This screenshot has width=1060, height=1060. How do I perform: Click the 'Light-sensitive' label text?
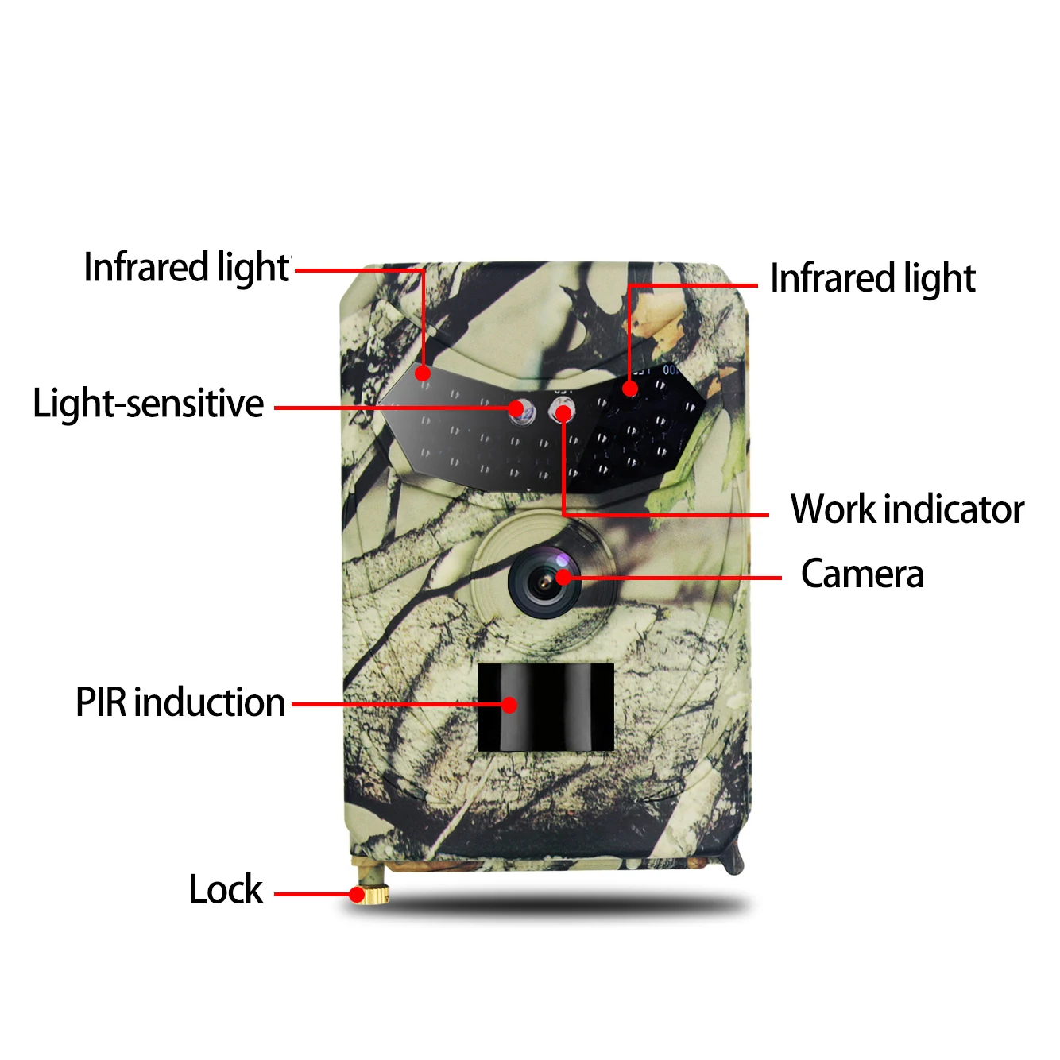point(148,404)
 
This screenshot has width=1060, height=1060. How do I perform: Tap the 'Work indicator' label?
point(907,509)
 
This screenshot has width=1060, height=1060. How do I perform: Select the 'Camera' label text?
point(862,574)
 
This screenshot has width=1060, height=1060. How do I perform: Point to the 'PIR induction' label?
point(180,702)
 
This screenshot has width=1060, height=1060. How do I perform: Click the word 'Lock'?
point(226,889)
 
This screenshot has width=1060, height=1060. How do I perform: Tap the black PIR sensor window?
point(546,706)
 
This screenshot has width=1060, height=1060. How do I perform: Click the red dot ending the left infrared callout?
point(423,373)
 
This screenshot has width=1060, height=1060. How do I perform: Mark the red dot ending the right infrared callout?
point(630,389)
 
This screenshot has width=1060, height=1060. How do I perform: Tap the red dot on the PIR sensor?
point(509,704)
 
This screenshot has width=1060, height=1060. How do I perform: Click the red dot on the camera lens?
point(563,578)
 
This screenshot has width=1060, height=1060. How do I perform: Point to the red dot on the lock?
point(358,895)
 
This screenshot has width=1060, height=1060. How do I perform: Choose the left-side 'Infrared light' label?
point(187,268)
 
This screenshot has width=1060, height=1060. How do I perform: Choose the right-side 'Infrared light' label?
point(872,279)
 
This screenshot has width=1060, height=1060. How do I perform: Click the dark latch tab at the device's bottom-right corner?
point(734,858)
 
